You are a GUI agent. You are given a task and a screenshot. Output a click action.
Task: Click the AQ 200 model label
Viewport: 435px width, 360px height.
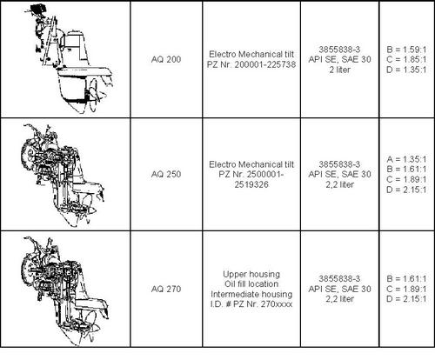[x=166, y=59]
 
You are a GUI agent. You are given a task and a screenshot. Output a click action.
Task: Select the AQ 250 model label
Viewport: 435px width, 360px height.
[x=166, y=174]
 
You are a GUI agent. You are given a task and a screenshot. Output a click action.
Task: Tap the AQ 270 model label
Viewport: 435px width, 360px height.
[x=166, y=289]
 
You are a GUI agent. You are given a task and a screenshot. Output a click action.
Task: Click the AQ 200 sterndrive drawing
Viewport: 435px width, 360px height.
[x=70, y=58]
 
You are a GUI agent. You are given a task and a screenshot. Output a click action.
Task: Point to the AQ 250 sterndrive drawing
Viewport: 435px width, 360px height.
[x=63, y=176]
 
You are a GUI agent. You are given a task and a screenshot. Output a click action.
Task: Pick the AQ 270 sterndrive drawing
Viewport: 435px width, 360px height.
[x=65, y=290]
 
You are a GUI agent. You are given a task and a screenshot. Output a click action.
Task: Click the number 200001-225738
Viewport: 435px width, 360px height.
[x=265, y=64]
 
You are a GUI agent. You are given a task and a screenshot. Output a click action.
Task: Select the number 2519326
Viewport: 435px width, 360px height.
[x=251, y=184]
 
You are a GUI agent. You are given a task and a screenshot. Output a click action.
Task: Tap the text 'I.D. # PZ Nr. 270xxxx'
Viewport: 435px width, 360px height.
[x=251, y=304]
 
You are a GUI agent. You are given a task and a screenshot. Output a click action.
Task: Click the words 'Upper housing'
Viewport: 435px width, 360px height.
[x=251, y=274]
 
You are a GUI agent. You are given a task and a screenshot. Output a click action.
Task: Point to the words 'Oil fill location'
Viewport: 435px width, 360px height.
[x=251, y=283]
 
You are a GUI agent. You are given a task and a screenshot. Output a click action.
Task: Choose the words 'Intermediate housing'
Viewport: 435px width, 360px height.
[x=251, y=294]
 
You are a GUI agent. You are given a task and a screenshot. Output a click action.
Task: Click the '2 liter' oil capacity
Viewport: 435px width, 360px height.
[x=339, y=70]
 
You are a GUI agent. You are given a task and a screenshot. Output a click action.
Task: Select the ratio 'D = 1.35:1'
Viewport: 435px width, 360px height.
[x=406, y=70]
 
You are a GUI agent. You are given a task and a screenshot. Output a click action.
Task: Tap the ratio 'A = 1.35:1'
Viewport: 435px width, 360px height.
[x=406, y=159]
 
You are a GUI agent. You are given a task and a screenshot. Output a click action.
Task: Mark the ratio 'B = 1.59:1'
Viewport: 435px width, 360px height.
[x=406, y=50]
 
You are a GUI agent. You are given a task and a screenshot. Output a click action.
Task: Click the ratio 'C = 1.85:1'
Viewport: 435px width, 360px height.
[x=406, y=59]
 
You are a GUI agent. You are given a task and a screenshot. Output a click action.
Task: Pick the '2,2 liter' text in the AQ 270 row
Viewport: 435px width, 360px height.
[x=339, y=299]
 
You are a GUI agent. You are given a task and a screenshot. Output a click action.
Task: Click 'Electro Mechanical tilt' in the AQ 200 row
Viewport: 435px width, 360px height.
[x=251, y=54]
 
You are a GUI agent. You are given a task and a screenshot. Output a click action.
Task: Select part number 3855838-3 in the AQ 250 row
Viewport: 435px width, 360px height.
[x=339, y=164]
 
